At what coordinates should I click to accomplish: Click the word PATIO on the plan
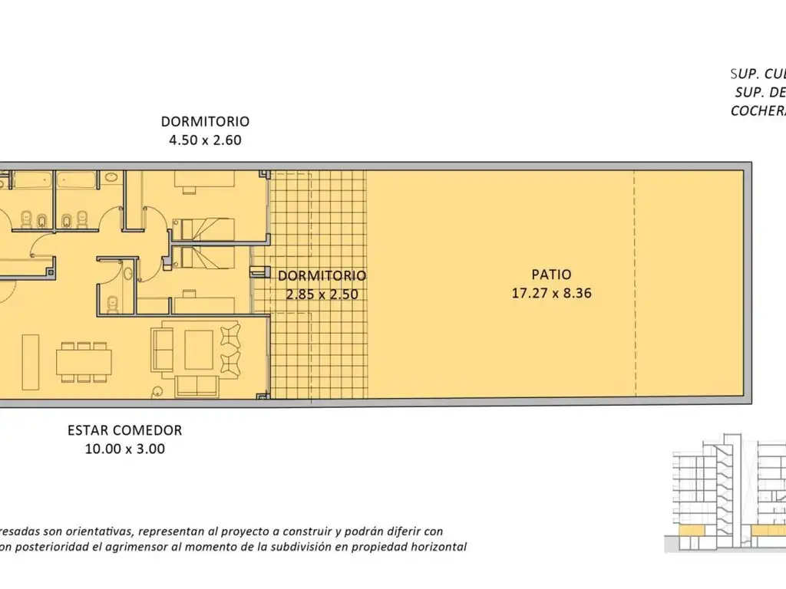[551, 275]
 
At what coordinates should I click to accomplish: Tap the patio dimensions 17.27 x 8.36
[551, 292]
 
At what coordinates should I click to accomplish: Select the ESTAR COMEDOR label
[124, 430]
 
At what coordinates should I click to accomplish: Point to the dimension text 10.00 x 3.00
[124, 449]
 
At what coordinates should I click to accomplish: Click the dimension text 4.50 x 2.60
[205, 140]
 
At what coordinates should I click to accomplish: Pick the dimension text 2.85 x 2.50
[322, 294]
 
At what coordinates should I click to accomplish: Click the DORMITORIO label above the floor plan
[205, 121]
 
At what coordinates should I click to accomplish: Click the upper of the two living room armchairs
[230, 335]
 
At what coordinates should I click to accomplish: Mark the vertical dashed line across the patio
[635, 284]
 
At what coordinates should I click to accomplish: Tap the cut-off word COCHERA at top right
[758, 110]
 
